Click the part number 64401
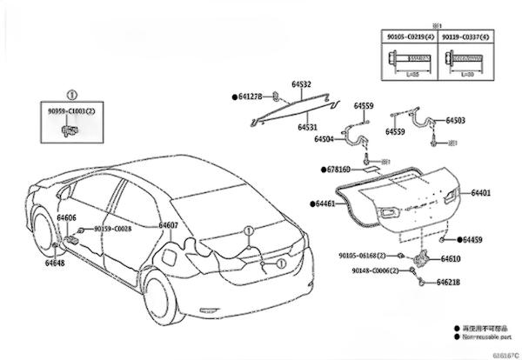481,192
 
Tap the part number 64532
302,85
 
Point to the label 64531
307,127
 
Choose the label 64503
455,121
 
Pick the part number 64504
325,138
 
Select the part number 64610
451,258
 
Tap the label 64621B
448,283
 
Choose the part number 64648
54,262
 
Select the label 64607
169,225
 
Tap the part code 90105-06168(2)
368,256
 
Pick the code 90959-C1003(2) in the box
72,110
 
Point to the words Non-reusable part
488,335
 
